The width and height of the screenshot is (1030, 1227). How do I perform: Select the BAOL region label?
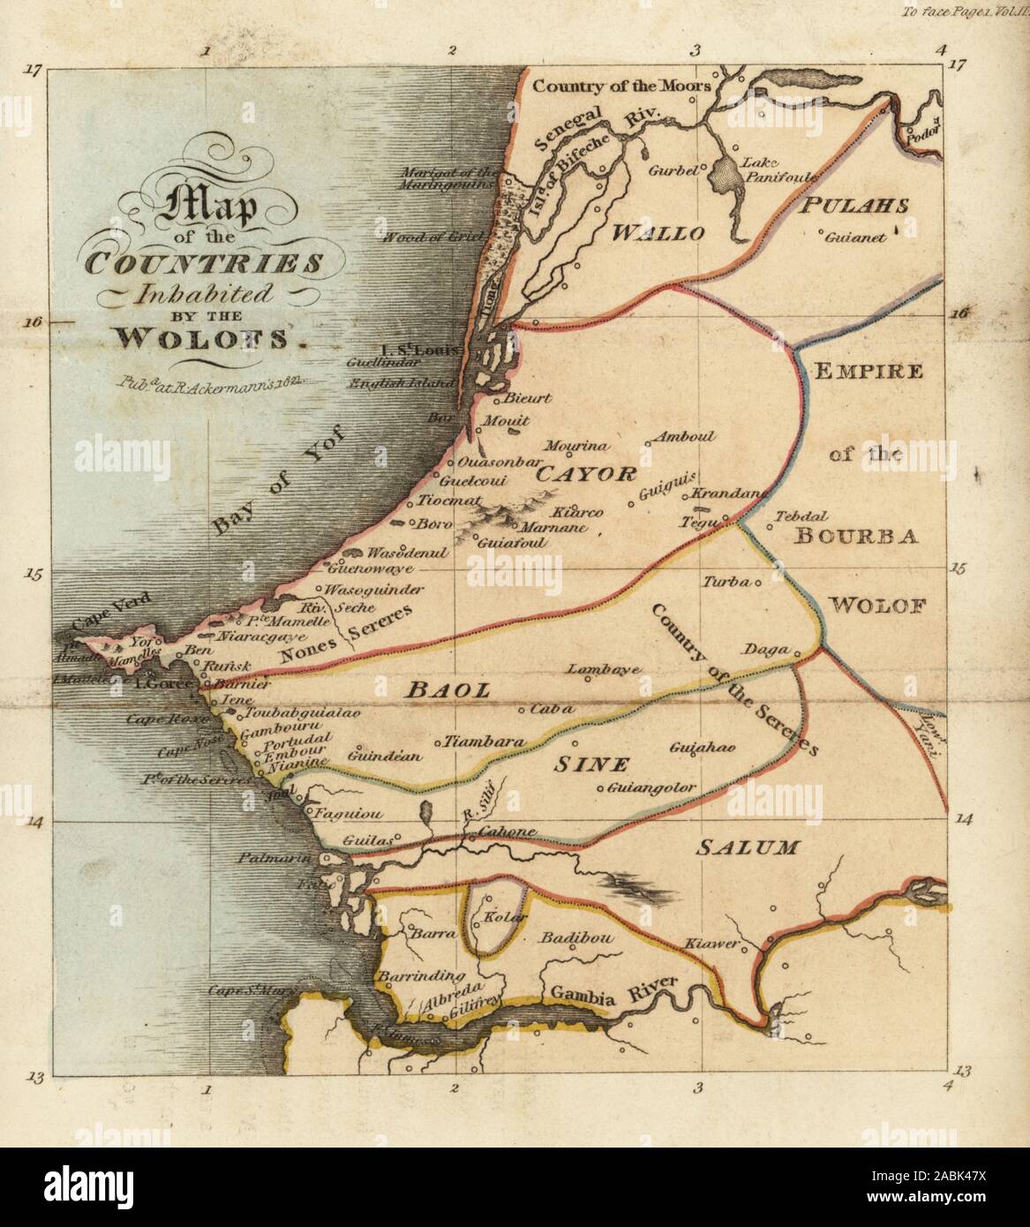447,691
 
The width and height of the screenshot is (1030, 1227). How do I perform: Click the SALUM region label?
747,848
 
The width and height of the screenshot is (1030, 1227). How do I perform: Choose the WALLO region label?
658,234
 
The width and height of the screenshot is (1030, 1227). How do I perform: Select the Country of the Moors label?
622,87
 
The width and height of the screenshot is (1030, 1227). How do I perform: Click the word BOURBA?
856,535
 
